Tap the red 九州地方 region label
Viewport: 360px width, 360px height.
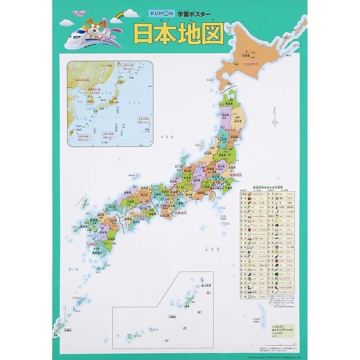(92, 244)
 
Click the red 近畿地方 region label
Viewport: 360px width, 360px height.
(180, 213)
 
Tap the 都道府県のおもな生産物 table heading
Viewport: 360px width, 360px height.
(267, 188)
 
